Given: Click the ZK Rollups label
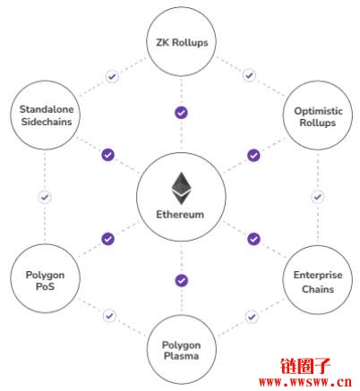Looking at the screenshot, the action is point(182,43).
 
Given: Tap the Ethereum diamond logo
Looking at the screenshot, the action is point(181,188).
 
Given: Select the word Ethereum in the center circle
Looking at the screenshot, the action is point(180,215).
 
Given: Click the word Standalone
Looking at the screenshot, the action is point(47,109).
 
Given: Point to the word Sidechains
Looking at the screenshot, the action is point(47,122).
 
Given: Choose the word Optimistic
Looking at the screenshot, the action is point(318,111).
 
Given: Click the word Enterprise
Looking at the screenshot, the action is point(318,275).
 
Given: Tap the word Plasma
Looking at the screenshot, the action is point(181,356).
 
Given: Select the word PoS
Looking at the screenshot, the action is point(45,286).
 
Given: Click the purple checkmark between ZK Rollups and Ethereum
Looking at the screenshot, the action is point(181,113).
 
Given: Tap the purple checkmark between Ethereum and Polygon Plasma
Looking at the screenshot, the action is point(181,280).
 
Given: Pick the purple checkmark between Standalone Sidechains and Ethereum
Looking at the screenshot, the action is point(108,155).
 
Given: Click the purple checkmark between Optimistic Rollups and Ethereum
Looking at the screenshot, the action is point(253,156).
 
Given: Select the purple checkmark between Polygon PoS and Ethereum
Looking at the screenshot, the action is point(108,239).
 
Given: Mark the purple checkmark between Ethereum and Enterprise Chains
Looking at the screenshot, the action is point(253,239).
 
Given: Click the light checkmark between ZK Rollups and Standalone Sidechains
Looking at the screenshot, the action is point(112,77).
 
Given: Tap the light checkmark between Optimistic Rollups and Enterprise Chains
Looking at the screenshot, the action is point(318,197).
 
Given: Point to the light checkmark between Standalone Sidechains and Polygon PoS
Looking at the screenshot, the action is point(45,197).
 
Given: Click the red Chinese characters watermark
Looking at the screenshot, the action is point(305,366).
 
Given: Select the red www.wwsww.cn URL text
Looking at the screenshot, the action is point(305,382).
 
